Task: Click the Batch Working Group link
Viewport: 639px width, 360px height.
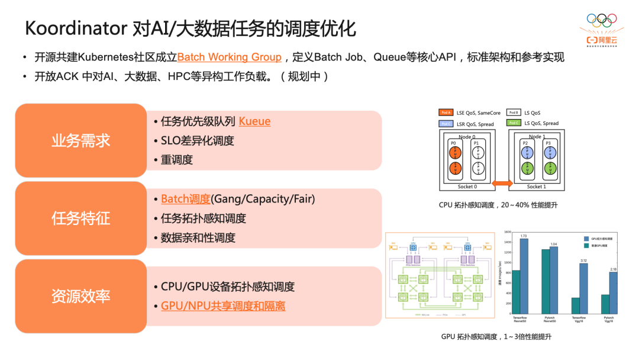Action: [230, 57]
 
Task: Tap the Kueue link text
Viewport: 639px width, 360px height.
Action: [254, 121]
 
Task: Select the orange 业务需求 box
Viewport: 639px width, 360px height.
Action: [81, 140]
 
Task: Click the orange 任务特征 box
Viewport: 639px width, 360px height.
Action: [81, 218]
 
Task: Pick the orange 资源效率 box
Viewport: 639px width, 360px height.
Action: [81, 296]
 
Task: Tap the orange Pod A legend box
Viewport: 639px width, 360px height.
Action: [446, 112]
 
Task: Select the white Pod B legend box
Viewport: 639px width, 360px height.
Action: [514, 112]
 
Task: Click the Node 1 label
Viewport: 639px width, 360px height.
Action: [535, 137]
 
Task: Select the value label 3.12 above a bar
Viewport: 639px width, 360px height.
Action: [583, 261]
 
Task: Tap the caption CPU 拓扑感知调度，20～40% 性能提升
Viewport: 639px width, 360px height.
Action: [498, 205]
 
